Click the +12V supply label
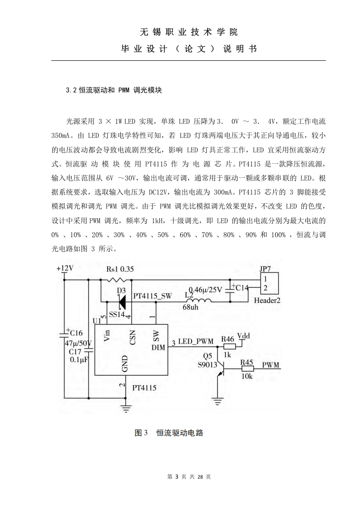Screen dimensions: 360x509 point(64,269)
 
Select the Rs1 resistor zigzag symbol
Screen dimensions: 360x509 point(113,280)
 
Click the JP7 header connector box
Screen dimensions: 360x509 point(270,284)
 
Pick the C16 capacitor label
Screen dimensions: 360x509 point(76,333)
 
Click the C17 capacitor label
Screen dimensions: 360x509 point(75,352)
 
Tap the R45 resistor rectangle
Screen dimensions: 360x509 point(247,369)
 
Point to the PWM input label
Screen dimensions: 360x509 point(271,365)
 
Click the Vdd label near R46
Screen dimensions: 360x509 point(244,336)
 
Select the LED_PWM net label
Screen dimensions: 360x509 point(196,341)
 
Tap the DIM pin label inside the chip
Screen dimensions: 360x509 point(158,347)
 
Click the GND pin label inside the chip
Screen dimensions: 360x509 point(125,363)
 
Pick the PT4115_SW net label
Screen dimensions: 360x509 point(153,296)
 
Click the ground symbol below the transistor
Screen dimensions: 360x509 point(217,401)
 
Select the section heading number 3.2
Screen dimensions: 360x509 point(71,90)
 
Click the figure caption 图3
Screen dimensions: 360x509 point(141,433)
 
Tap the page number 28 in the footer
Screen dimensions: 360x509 point(200,476)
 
